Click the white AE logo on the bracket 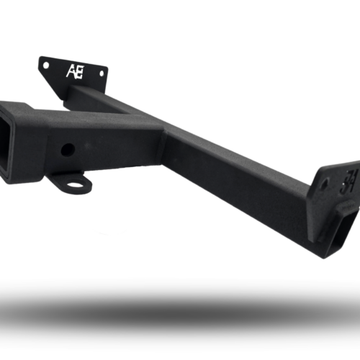[73, 71]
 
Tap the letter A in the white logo [70, 71]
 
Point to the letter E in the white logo [78, 71]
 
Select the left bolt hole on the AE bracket [46, 65]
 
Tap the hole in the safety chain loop [74, 183]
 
